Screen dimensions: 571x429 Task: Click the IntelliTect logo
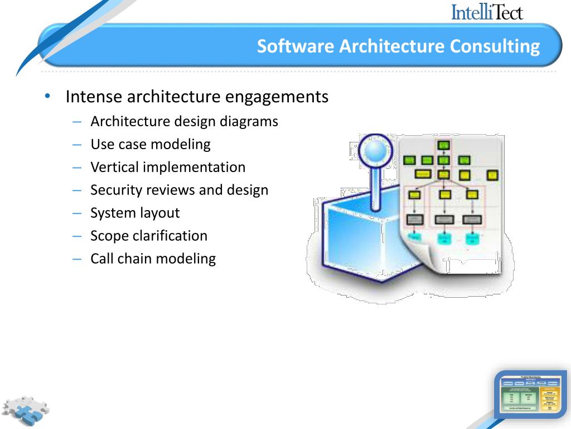point(487,12)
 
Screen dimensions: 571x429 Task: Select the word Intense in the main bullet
point(94,97)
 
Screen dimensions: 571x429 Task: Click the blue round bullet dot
point(48,96)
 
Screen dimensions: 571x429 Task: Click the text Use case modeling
point(151,144)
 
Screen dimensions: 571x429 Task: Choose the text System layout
point(135,213)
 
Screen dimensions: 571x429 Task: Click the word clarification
point(170,236)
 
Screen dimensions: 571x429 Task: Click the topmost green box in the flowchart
point(443,146)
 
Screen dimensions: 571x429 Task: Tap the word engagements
point(277,97)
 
